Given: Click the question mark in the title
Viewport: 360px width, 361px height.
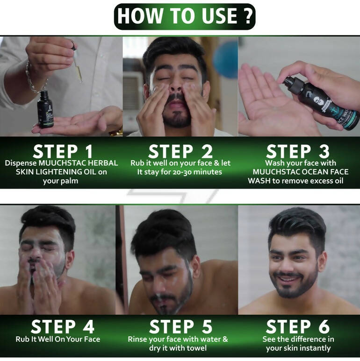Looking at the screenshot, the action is (x=248, y=16).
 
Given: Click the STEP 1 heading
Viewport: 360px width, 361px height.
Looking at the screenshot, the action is (x=63, y=151).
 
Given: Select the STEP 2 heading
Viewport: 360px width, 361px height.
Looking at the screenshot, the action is (x=180, y=151).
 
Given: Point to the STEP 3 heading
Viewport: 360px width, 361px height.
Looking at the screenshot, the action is (x=298, y=151).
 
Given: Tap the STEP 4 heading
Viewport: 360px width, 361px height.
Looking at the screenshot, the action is (x=63, y=327).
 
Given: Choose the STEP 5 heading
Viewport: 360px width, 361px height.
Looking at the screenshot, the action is (x=180, y=327).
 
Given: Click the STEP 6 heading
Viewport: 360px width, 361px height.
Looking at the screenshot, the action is (x=298, y=327).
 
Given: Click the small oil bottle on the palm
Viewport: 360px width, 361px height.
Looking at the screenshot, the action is (x=45, y=109).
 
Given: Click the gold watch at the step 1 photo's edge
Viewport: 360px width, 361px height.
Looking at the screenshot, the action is (x=115, y=133).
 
